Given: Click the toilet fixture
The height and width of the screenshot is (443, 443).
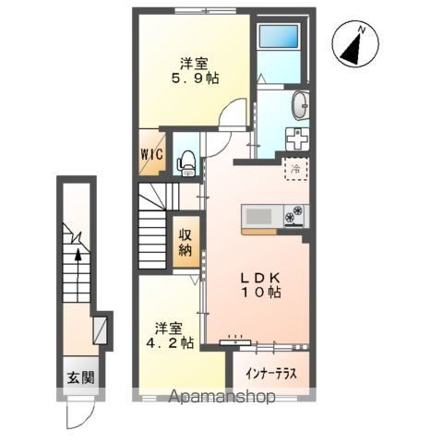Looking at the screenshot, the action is pyautogui.click(x=186, y=163).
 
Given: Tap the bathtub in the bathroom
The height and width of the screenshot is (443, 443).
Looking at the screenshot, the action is pyautogui.click(x=280, y=36).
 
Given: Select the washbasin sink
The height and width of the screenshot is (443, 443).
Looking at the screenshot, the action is pyautogui.click(x=300, y=105).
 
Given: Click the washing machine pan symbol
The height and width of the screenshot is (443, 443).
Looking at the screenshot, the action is pyautogui.click(x=297, y=138).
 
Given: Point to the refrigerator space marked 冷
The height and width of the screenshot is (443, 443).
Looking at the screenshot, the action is pyautogui.click(x=296, y=168).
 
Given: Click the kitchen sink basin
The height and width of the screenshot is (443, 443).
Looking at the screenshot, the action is pyautogui.click(x=258, y=216).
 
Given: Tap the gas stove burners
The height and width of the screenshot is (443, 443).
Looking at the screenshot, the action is pyautogui.click(x=294, y=214).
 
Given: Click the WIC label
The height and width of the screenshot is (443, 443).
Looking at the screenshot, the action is pyautogui.click(x=152, y=154).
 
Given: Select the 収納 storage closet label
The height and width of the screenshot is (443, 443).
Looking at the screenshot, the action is pyautogui.click(x=186, y=243).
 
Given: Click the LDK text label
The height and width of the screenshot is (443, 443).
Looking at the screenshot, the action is pyautogui.click(x=260, y=279).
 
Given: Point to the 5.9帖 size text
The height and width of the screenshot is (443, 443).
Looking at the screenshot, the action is pyautogui.click(x=195, y=79).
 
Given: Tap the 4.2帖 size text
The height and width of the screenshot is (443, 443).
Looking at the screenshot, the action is pyautogui.click(x=170, y=342).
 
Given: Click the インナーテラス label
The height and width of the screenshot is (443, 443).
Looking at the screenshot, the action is pyautogui.click(x=271, y=374).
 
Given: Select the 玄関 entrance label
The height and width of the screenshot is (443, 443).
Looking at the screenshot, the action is pyautogui.click(x=81, y=377).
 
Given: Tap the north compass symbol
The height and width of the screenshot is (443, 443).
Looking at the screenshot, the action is pyautogui.click(x=355, y=43).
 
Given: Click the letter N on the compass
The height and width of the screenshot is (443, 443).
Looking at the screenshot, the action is pyautogui.click(x=362, y=30).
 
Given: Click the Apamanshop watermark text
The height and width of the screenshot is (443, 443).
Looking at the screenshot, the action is pyautogui.click(x=222, y=397).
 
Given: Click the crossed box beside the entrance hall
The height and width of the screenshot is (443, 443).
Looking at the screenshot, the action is pyautogui.click(x=101, y=330).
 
